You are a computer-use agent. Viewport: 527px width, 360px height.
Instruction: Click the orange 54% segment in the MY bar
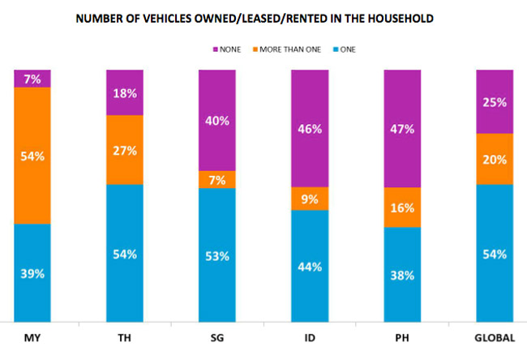pyautogui.click(x=32, y=155)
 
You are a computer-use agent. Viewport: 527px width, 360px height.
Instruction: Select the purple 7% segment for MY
pyautogui.click(x=32, y=78)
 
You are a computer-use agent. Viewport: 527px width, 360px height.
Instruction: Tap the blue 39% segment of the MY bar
pyautogui.click(x=32, y=272)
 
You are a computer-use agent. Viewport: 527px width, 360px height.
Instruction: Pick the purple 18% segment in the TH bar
pyautogui.click(x=125, y=92)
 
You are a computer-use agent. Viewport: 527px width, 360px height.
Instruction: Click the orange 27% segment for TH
pyautogui.click(x=125, y=150)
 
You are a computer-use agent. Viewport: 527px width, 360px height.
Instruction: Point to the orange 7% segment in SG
pyautogui.click(x=217, y=179)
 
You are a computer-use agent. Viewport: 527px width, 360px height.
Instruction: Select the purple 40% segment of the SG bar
pyautogui.click(x=217, y=120)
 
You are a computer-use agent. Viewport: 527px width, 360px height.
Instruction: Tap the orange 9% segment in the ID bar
pyautogui.click(x=310, y=199)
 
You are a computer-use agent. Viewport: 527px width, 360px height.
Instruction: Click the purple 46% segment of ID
pyautogui.click(x=310, y=128)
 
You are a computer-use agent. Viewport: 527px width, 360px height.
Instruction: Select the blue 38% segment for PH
pyautogui.click(x=402, y=274)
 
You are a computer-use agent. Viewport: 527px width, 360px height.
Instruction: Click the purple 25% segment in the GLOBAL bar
pyautogui.click(x=495, y=102)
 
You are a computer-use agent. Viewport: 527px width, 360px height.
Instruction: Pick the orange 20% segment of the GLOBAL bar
pyautogui.click(x=495, y=159)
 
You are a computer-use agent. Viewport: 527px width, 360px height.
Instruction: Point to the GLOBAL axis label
pyautogui.click(x=495, y=337)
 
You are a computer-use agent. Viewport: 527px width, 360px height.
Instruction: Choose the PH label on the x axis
pyautogui.click(x=402, y=337)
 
